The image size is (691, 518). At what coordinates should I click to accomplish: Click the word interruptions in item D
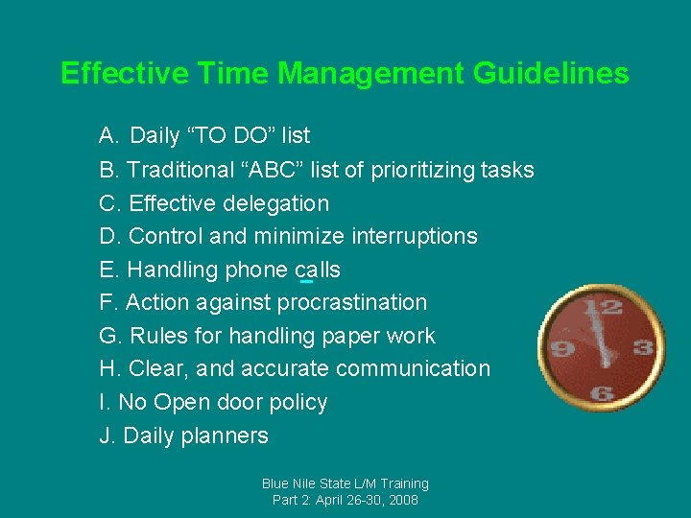click(414, 236)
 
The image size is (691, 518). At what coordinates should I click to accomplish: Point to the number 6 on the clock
click(603, 393)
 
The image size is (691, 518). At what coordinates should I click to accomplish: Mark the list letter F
click(107, 302)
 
